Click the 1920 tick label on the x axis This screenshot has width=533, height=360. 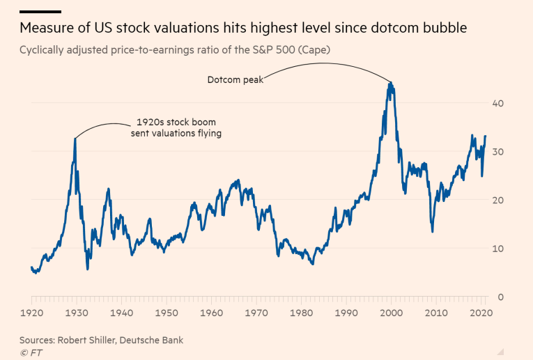pyautogui.click(x=31, y=314)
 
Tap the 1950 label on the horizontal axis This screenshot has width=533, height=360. pyautogui.click(x=167, y=314)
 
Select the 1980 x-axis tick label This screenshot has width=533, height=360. pyautogui.click(x=302, y=314)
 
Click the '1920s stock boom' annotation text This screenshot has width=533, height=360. pyautogui.click(x=176, y=122)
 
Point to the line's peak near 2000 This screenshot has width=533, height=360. pyautogui.click(x=391, y=83)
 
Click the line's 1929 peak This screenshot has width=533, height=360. pyautogui.click(x=75, y=139)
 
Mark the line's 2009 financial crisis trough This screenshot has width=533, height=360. pyautogui.click(x=433, y=231)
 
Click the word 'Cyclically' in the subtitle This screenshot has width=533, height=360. pyautogui.click(x=43, y=50)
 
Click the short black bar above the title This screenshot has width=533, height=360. pyautogui.click(x=40, y=12)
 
